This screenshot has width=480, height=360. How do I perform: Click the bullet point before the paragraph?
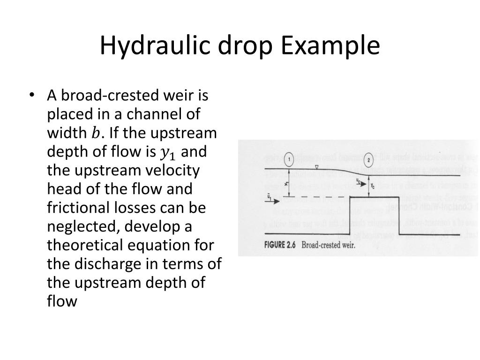coord(31,96)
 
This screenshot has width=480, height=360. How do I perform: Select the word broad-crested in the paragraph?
coord(103,96)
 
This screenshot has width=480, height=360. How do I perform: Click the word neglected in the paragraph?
coord(82,226)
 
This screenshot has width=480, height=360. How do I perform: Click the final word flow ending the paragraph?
coord(62,301)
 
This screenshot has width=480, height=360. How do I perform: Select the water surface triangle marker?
coord(317,167)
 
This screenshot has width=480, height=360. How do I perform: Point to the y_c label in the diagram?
coord(373,186)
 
